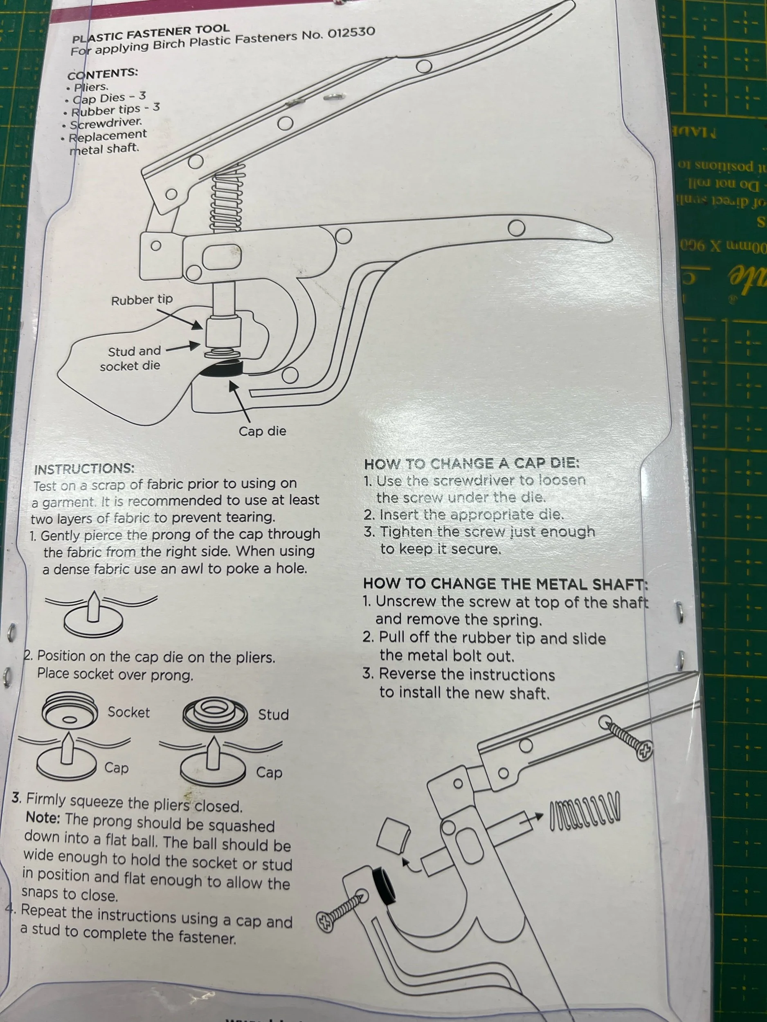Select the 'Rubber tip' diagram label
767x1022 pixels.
pos(142,299)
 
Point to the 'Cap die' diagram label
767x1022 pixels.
pos(262,431)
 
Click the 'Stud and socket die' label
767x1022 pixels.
pos(131,359)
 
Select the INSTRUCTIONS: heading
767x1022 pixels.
pos(84,469)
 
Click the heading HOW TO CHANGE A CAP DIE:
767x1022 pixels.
pos(471,464)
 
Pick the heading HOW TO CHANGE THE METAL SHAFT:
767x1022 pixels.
pos(505,584)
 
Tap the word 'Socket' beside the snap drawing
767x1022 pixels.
pos(128,712)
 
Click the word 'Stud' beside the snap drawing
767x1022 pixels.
pos(273,715)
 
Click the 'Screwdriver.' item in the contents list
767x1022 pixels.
pos(106,123)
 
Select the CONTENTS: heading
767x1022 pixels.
pos(103,74)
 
